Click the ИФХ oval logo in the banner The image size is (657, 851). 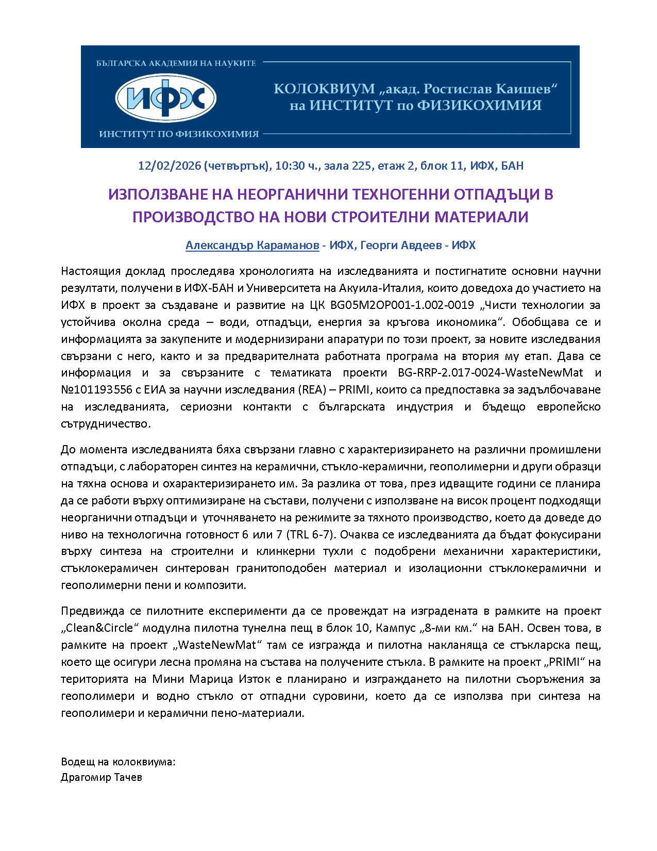pos(165,98)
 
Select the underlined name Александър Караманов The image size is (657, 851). pos(252,246)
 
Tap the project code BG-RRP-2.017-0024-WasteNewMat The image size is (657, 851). pos(491,373)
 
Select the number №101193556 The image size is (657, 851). pos(97,390)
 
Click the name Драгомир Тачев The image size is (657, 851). pos(102,777)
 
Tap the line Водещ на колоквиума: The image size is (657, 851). pos(118,762)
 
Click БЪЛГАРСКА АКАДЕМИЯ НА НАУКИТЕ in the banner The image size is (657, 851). pos(176,63)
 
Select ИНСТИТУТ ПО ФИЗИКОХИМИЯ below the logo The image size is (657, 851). pos(179,134)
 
